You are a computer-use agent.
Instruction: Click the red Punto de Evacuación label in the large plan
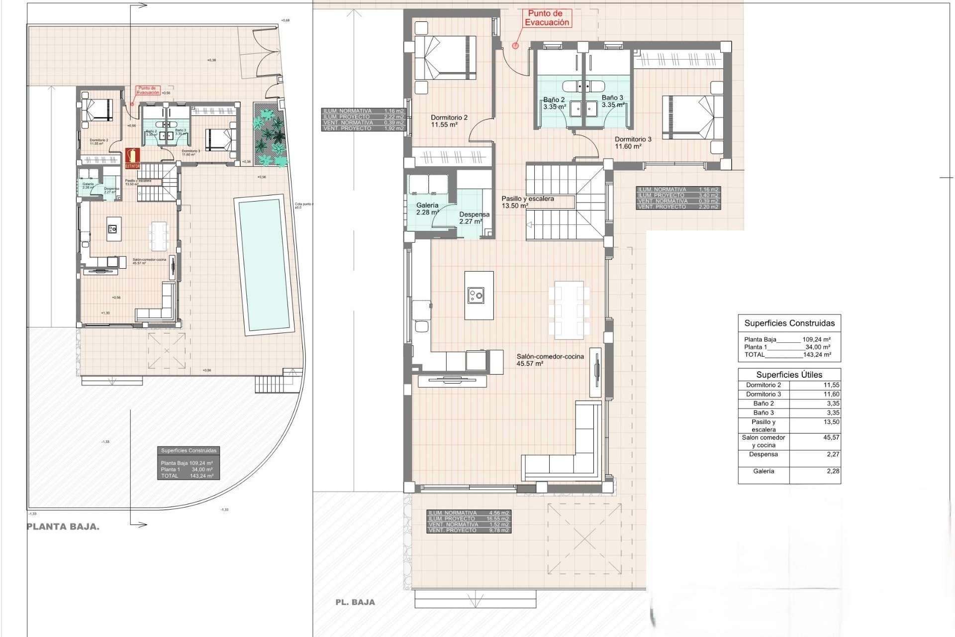[x=547, y=18]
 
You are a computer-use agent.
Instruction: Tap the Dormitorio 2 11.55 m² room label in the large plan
[x=449, y=121]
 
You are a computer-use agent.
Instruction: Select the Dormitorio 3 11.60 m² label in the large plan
[x=633, y=143]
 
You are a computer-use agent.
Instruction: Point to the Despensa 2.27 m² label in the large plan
[x=474, y=218]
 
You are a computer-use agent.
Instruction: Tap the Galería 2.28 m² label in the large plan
[x=427, y=209]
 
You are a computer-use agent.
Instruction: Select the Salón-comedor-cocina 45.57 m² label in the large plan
[x=550, y=360]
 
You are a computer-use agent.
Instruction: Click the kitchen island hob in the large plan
[x=476, y=296]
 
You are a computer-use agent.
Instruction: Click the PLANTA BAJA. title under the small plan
[x=63, y=527]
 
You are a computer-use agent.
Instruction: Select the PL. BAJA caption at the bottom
[x=355, y=602]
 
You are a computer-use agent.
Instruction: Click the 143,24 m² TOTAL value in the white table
[x=817, y=355]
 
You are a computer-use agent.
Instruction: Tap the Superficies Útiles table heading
[x=789, y=375]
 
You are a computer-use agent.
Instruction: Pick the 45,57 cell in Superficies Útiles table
[x=831, y=437]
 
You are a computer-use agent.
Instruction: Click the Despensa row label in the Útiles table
[x=763, y=454]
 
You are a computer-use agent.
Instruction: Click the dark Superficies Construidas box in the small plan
[x=189, y=463]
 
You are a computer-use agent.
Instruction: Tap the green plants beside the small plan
[x=270, y=135]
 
